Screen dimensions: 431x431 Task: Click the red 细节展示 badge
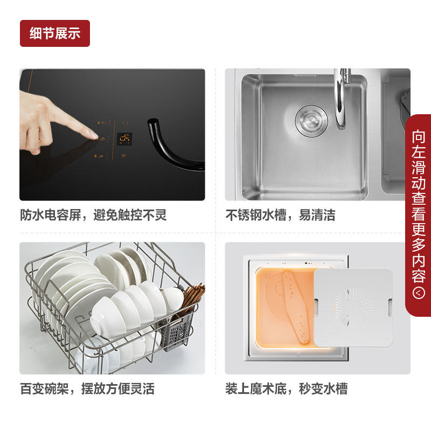point(55,33)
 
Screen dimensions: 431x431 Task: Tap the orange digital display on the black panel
point(124,140)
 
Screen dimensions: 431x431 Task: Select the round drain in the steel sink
point(311,121)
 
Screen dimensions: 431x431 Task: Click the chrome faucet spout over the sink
point(342,99)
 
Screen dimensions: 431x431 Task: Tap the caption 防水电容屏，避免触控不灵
point(93,215)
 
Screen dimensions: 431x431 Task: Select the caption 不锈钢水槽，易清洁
point(280,215)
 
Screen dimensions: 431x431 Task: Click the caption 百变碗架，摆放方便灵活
point(87,388)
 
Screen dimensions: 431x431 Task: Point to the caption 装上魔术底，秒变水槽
point(287,388)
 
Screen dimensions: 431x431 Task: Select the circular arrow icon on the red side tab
point(419,293)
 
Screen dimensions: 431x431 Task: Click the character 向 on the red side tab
point(419,136)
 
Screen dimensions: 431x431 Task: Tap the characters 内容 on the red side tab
point(419,268)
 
